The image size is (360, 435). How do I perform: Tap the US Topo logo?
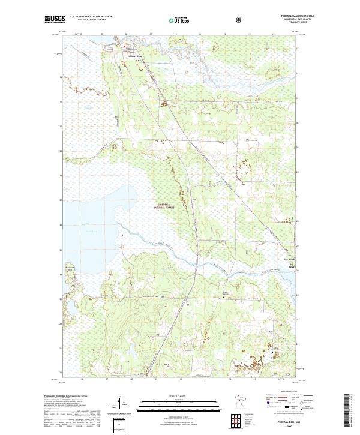pyautogui.click(x=180, y=20)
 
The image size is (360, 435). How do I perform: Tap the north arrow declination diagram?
pyautogui.click(x=119, y=403)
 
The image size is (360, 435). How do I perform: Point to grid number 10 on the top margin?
pyautogui.click(x=174, y=34)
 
